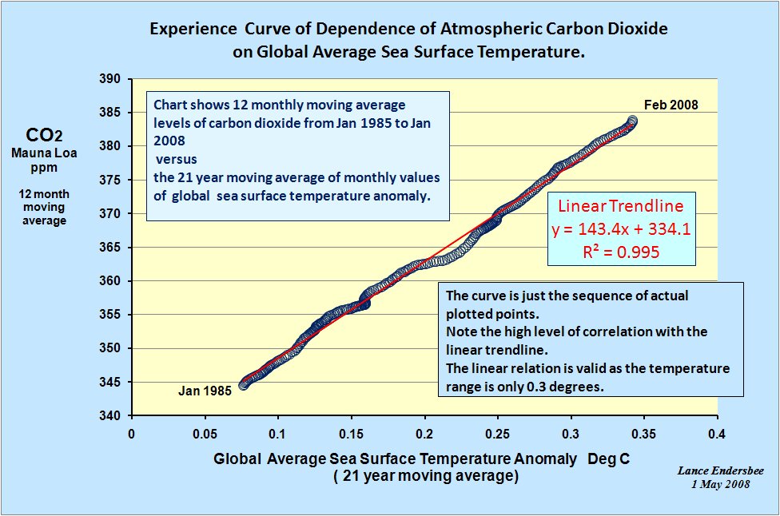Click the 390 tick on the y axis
[110, 79]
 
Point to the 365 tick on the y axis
[110, 248]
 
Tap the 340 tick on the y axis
[110, 415]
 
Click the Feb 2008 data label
[671, 105]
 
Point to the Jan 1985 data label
[205, 391]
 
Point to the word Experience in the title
[185, 30]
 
